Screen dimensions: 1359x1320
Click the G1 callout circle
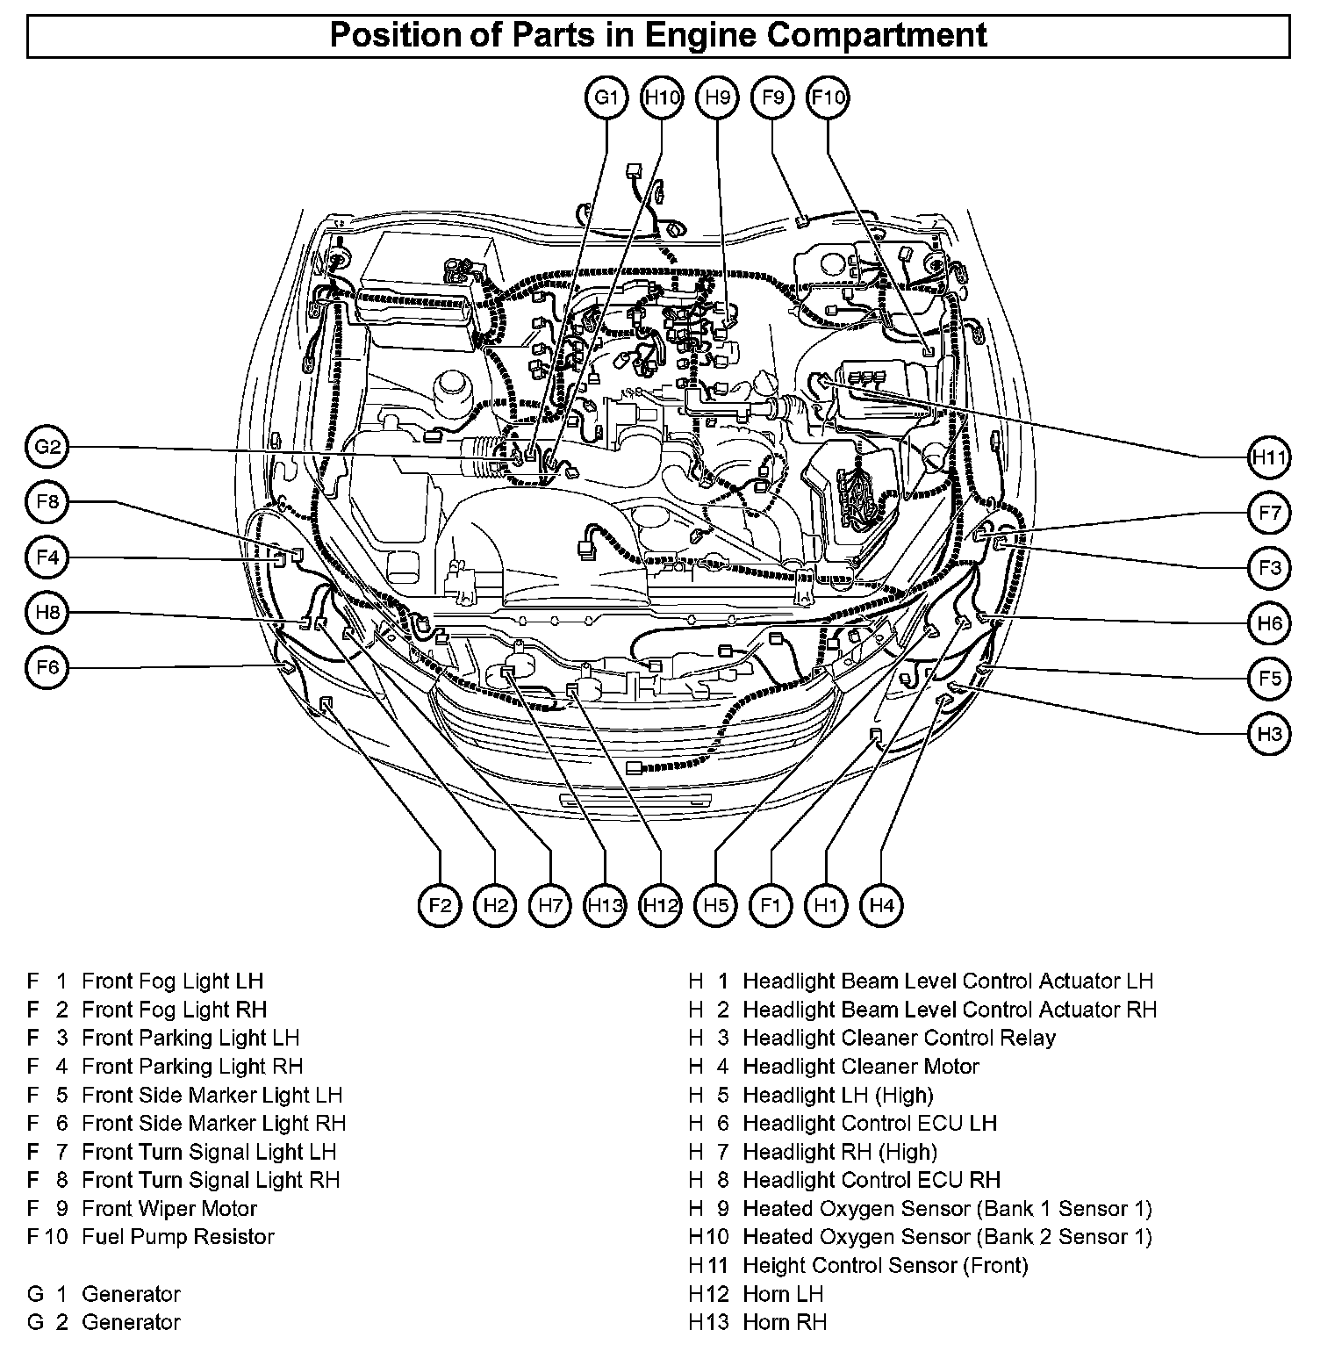point(606,97)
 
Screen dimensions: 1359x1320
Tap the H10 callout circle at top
point(662,97)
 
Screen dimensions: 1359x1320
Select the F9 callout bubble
point(772,97)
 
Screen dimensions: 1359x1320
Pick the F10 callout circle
point(828,97)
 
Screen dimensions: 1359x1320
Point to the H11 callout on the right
point(1269,457)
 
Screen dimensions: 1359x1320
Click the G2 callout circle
point(47,449)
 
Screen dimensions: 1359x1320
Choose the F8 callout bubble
point(47,502)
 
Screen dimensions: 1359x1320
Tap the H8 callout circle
point(47,613)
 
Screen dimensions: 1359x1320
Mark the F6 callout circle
point(47,668)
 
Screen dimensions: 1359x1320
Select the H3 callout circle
point(1269,734)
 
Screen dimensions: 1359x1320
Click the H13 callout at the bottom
point(606,905)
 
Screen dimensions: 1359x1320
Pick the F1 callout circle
point(771,905)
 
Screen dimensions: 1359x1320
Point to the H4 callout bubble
point(881,905)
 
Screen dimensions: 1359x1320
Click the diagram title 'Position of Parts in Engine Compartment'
point(658,36)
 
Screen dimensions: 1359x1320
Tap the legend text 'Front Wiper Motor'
point(169,1209)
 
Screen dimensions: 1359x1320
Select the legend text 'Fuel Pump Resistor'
point(178,1237)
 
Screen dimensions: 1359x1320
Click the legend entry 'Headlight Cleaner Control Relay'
point(899,1038)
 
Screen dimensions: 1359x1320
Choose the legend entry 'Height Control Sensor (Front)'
point(885,1265)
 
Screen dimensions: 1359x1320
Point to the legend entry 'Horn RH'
point(785,1322)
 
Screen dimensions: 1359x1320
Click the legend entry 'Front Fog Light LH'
point(172,981)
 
